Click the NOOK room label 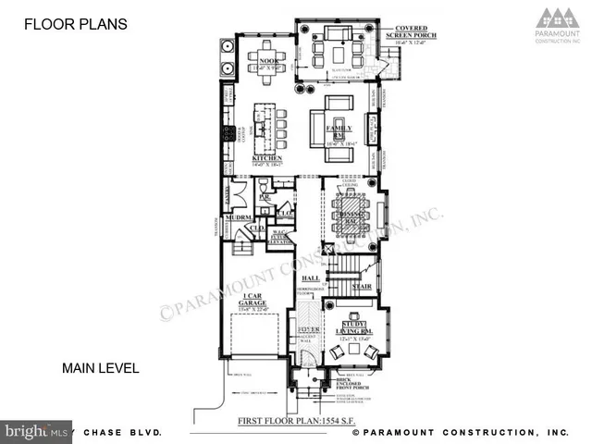point(255,61)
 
